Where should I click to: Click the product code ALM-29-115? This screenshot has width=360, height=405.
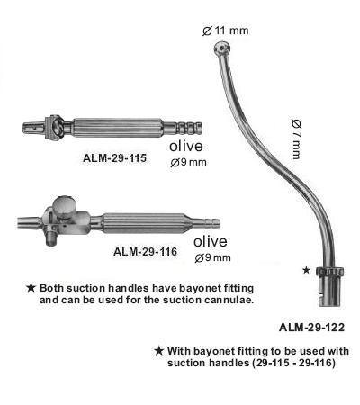(115, 158)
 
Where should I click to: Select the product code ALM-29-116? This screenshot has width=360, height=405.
(145, 251)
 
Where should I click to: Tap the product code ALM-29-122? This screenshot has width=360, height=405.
(312, 328)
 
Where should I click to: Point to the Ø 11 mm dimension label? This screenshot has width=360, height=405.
(225, 31)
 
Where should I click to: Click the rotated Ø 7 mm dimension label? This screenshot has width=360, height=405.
(296, 139)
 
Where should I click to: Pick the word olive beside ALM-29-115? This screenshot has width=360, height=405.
(186, 146)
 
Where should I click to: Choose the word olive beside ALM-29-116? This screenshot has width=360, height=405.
(211, 241)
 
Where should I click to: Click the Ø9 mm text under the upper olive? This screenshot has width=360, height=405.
(188, 163)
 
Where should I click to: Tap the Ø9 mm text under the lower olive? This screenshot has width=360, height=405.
(212, 257)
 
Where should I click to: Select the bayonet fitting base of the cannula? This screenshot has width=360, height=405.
(330, 287)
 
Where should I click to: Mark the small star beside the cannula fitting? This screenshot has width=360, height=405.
(306, 270)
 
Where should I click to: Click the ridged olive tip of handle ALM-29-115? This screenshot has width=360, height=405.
(189, 128)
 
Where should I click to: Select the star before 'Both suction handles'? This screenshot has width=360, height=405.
(31, 288)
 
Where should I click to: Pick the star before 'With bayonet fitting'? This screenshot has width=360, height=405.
(158, 351)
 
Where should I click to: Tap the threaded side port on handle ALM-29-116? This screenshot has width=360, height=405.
(50, 238)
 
